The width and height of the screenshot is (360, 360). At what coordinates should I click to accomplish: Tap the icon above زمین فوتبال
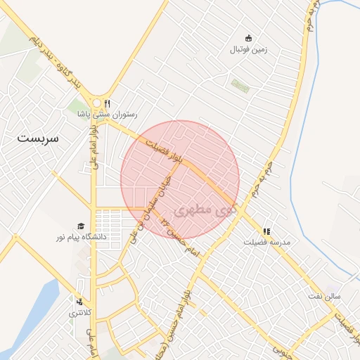(247, 39)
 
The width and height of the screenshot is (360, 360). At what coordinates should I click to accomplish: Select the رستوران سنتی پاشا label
(108, 114)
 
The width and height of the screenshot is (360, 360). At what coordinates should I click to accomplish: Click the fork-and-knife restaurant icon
(107, 103)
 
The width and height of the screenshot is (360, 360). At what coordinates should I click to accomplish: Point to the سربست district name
(40, 138)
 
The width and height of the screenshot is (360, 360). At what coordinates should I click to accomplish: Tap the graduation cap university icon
(82, 226)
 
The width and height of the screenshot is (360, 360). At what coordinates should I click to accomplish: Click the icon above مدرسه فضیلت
(266, 231)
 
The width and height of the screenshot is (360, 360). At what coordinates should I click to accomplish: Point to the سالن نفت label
(323, 296)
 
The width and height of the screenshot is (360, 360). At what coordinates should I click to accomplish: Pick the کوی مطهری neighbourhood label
(204, 210)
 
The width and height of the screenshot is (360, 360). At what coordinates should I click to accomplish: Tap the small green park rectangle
(240, 85)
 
